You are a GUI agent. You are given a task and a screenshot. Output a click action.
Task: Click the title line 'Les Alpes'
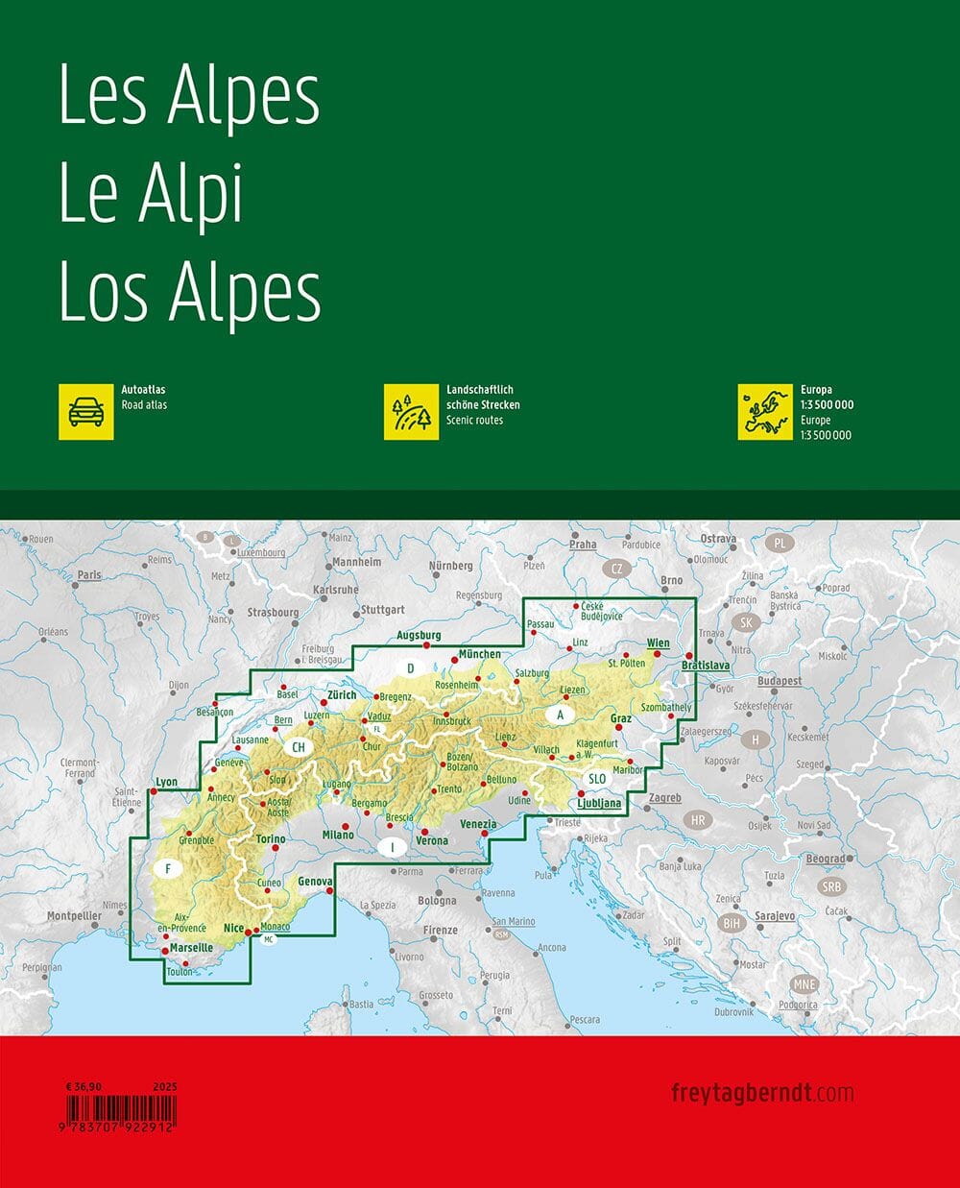[x=189, y=97]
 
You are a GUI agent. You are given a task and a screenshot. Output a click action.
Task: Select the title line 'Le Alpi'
[x=151, y=194]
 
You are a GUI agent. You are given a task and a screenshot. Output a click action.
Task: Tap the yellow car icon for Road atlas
[x=85, y=412]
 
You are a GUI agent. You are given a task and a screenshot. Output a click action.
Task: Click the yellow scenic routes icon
[x=411, y=412]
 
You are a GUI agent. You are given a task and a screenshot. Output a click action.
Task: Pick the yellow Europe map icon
[x=765, y=412]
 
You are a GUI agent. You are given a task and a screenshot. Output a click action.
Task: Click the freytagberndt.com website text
[x=762, y=1092]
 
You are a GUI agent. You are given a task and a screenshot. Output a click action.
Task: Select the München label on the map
[x=480, y=654]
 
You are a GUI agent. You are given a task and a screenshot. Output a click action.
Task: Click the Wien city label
[x=658, y=642]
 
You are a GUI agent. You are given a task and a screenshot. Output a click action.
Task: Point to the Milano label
[x=338, y=835]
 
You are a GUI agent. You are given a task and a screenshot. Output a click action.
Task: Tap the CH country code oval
[x=299, y=747]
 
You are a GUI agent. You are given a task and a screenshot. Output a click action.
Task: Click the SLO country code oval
[x=596, y=779]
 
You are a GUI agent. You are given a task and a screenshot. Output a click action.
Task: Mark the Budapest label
[x=779, y=681]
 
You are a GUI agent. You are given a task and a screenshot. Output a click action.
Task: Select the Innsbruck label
[x=452, y=721]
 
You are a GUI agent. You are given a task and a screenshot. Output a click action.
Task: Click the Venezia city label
[x=478, y=824]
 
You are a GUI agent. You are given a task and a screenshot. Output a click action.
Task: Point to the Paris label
[x=89, y=575]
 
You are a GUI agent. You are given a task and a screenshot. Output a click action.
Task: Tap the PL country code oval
[x=780, y=544]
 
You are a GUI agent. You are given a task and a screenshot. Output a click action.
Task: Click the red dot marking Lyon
[x=153, y=791]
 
